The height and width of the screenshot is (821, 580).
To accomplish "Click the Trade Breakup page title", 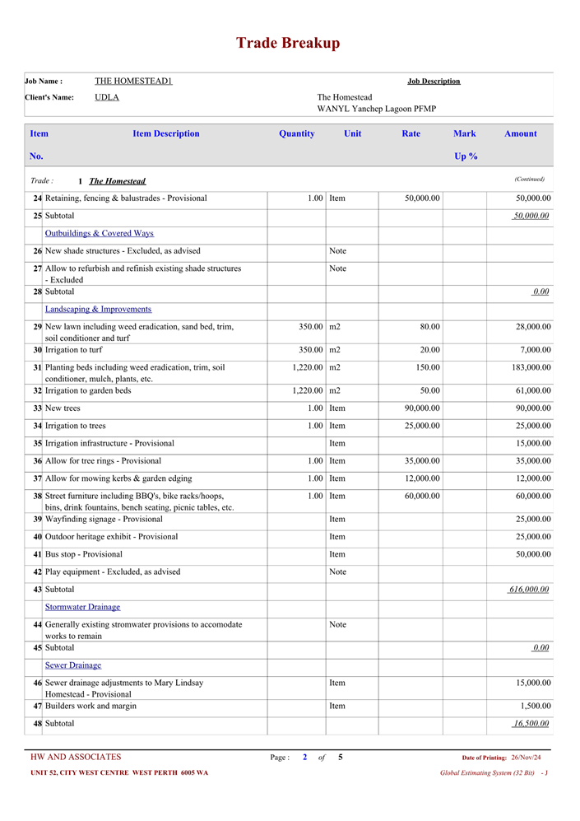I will click(288, 44).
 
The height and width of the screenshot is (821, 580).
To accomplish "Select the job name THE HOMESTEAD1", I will click(133, 81).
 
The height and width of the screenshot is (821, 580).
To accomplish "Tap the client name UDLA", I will click(107, 97).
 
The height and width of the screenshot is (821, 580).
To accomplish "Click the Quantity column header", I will click(296, 133).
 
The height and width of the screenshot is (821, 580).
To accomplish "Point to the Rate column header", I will click(411, 133).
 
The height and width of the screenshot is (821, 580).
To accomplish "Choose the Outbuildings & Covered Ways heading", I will click(99, 234).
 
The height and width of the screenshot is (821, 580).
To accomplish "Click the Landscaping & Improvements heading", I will click(98, 310).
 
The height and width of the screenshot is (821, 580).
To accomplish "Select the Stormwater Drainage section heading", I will click(82, 607).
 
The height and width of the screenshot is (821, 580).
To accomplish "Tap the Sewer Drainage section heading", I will click(72, 665).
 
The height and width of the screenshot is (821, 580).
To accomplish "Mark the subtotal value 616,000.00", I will click(529, 590).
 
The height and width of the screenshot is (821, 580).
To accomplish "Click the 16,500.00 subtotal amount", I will click(531, 724).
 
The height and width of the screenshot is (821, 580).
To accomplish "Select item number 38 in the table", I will click(37, 497).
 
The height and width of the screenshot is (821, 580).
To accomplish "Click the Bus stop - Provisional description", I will click(84, 554).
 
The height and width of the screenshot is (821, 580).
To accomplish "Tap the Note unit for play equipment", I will click(337, 572).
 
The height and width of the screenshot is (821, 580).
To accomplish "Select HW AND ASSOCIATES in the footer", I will click(76, 758).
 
